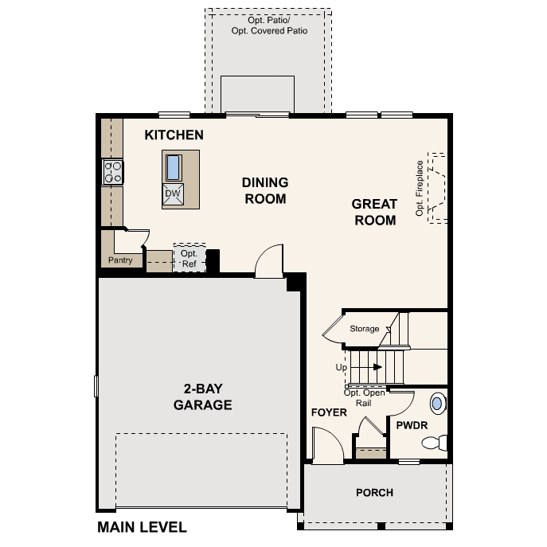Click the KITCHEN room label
tap(174, 135)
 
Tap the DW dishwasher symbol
tap(173, 193)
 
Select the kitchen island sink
tap(173, 167)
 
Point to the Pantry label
tap(120, 260)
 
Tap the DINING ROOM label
tap(264, 190)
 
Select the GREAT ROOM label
tap(374, 212)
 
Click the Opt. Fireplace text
tap(420, 189)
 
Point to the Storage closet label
tap(365, 328)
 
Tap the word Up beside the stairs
tap(341, 368)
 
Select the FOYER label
tap(329, 412)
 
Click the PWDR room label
tap(412, 426)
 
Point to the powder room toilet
tap(436, 443)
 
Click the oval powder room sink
tap(437, 401)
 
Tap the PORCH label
tap(374, 492)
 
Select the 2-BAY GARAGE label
tap(203, 397)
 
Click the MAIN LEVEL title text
tap(142, 527)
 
